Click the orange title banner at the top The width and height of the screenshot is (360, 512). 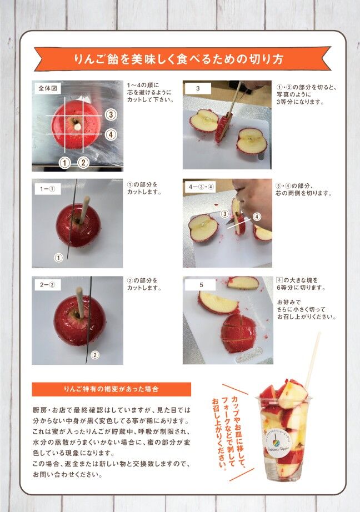(182, 59)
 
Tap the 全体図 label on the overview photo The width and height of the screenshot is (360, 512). (48, 88)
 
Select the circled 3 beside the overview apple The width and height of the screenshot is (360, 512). (111, 114)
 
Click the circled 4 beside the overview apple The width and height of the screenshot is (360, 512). (111, 134)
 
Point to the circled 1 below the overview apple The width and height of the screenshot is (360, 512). (64, 163)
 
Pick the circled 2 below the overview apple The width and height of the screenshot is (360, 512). (83, 163)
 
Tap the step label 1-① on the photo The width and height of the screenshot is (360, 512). (48, 189)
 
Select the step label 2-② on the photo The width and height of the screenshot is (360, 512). (48, 285)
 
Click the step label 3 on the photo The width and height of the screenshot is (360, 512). (198, 88)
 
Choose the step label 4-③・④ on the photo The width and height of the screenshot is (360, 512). (201, 187)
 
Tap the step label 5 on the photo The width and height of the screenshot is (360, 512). (200, 285)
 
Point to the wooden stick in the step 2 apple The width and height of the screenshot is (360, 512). (80, 302)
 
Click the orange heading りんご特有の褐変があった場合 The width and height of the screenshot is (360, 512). (112, 389)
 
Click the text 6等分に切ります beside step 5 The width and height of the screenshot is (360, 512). (301, 288)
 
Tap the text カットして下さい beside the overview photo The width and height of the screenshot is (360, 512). (150, 99)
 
